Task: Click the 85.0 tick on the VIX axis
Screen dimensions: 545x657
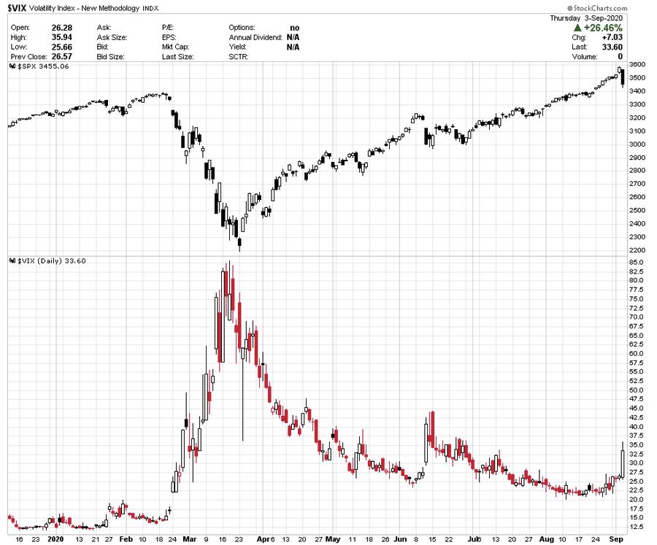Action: pos(636,262)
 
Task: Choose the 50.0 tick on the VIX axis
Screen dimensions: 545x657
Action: pos(636,390)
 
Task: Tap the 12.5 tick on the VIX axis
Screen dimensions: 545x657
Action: pos(636,527)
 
